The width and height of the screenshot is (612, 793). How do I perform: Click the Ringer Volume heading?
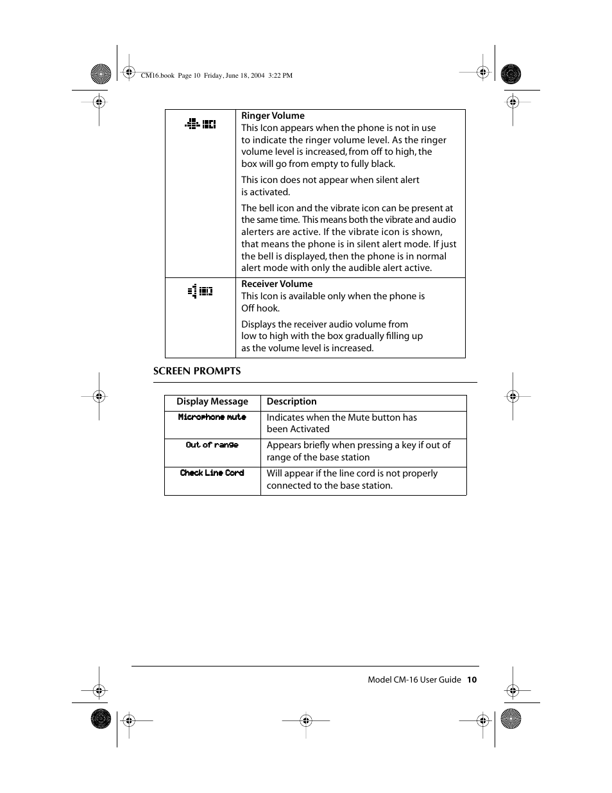pyautogui.click(x=273, y=116)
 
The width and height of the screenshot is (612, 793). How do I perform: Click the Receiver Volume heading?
pyautogui.click(x=276, y=284)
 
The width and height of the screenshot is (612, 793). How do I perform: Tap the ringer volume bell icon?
pyautogui.click(x=200, y=124)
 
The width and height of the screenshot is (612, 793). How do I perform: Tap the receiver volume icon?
pyautogui.click(x=200, y=292)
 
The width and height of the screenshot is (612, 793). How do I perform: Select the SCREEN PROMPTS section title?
pyautogui.click(x=197, y=371)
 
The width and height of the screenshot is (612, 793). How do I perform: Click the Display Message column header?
pyautogui.click(x=212, y=401)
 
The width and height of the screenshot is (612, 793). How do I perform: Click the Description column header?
pyautogui.click(x=291, y=401)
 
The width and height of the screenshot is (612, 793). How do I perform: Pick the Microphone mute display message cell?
pyautogui.click(x=212, y=417)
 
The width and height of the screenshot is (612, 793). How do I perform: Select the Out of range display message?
pyautogui.click(x=212, y=445)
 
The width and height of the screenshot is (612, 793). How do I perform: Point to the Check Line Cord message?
pyautogui.click(x=212, y=473)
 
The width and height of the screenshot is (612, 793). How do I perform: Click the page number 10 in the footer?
pyautogui.click(x=472, y=679)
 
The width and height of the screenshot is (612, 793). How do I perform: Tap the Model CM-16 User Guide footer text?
pyautogui.click(x=414, y=679)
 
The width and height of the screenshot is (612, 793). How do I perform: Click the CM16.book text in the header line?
pyautogui.click(x=157, y=75)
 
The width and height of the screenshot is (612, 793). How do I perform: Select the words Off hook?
pyautogui.click(x=260, y=308)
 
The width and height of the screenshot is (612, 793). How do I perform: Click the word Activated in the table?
pyautogui.click(x=309, y=429)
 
